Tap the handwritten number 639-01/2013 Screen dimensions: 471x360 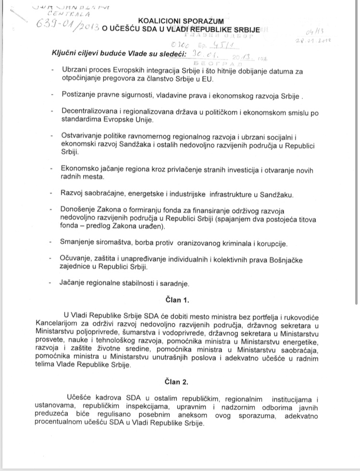[x=64, y=25]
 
